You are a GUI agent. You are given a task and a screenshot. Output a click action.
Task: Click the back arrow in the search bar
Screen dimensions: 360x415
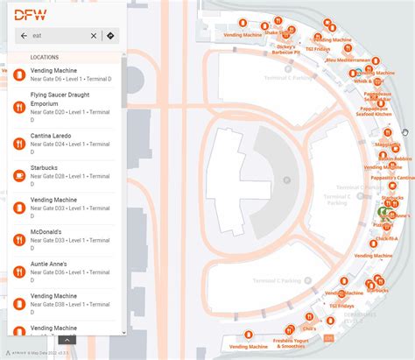pos(24,36)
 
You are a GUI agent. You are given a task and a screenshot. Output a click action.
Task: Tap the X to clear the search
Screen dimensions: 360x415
pos(94,36)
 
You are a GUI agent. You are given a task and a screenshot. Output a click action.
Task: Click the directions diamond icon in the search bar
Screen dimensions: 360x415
pos(110,36)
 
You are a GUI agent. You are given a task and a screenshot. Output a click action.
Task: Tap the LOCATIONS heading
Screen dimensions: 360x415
pos(44,57)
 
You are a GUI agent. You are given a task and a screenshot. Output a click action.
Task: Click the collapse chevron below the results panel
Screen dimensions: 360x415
pos(67,340)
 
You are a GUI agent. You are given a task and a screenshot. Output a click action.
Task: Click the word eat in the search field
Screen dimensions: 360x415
pos(38,36)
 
